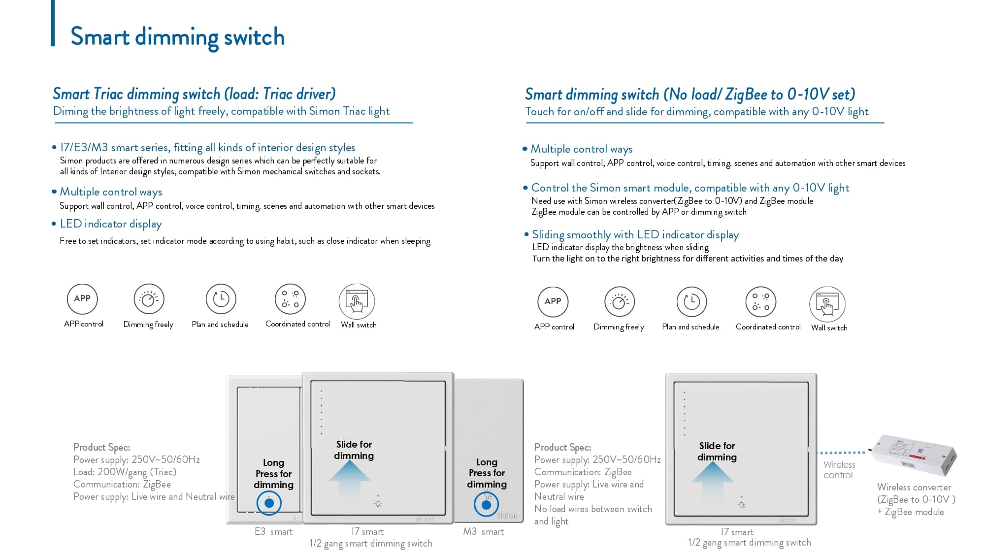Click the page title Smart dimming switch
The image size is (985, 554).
pos(177,37)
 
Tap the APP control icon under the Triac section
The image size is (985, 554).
pos(82,299)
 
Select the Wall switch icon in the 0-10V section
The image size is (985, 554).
pos(827,304)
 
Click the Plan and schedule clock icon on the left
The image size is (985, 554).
pos(221,299)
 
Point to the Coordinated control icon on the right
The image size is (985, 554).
pos(760,301)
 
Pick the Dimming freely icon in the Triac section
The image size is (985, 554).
pos(149,299)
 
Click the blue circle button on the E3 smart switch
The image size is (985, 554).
pos(269,503)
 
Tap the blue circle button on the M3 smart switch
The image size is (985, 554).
pos(487,505)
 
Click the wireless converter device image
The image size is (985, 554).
pos(915,455)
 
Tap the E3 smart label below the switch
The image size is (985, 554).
pos(273,532)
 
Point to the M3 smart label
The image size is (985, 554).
pos(483,532)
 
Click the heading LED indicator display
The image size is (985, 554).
pos(110,224)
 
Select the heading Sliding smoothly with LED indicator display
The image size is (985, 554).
pos(635,235)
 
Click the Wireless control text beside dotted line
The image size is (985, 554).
pos(839,470)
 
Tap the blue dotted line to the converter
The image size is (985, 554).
pos(841,453)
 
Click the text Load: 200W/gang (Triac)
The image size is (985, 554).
pos(125,472)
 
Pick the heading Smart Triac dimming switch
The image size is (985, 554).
pos(194,94)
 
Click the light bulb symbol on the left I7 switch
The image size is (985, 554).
pos(378,504)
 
